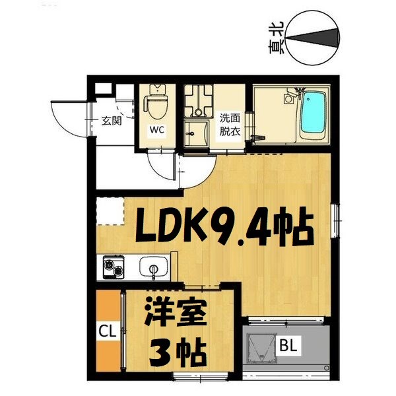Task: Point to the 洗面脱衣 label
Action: (x=230, y=125)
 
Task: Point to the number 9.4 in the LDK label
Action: (x=247, y=228)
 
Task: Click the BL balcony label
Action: (x=288, y=344)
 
